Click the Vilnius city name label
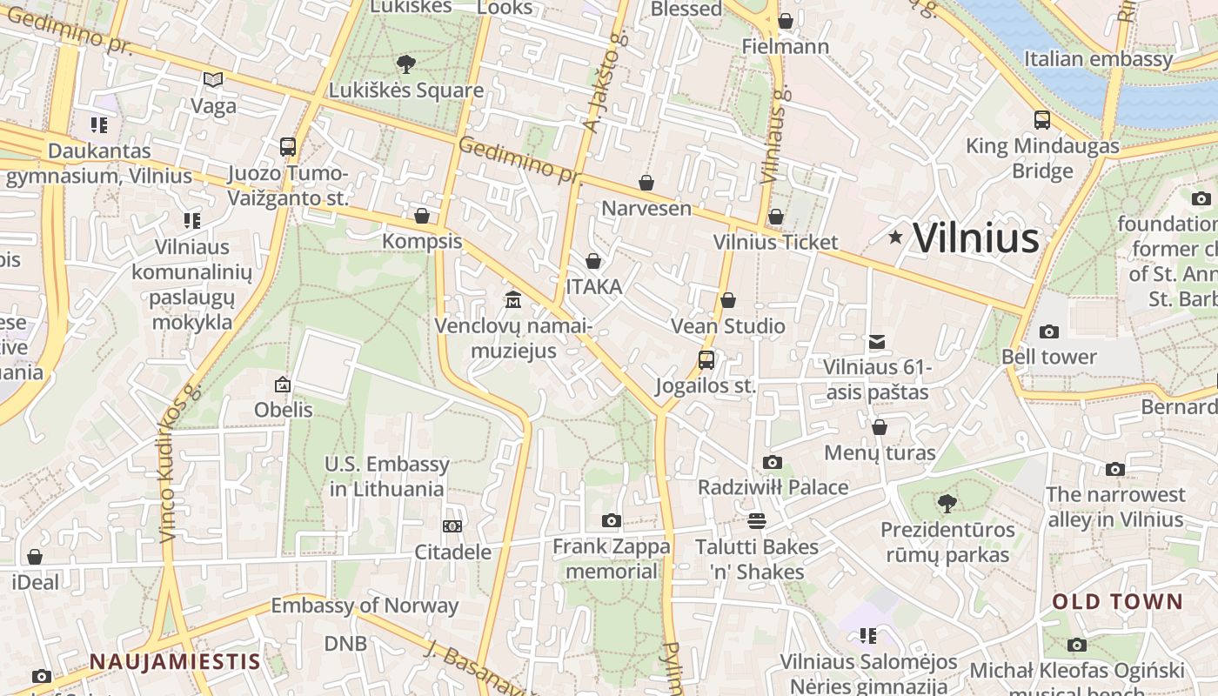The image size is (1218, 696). coord(976,238)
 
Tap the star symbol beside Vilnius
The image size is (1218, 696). coord(895,237)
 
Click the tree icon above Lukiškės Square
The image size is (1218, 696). coord(405,64)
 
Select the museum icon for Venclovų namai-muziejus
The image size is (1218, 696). coord(513,300)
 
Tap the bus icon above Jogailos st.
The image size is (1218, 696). coord(706,359)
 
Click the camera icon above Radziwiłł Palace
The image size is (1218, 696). coord(772,462)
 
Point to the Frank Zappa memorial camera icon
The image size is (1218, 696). coord(612,520)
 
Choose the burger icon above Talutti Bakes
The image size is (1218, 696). coord(757,520)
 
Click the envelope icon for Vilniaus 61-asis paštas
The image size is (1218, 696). coord(877,342)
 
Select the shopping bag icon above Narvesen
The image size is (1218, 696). coord(646,183)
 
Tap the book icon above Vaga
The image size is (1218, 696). coord(213,80)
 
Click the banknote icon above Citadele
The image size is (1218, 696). coord(452,525)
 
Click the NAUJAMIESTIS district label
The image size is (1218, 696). coord(175,661)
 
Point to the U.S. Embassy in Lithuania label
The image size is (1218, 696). coord(386,476)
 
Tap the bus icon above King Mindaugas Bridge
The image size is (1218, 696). coord(1042,120)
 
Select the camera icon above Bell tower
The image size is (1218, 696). coord(1049,331)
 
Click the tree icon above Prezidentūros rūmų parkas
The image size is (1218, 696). coord(947,503)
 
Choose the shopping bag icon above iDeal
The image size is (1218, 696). coord(35,557)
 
